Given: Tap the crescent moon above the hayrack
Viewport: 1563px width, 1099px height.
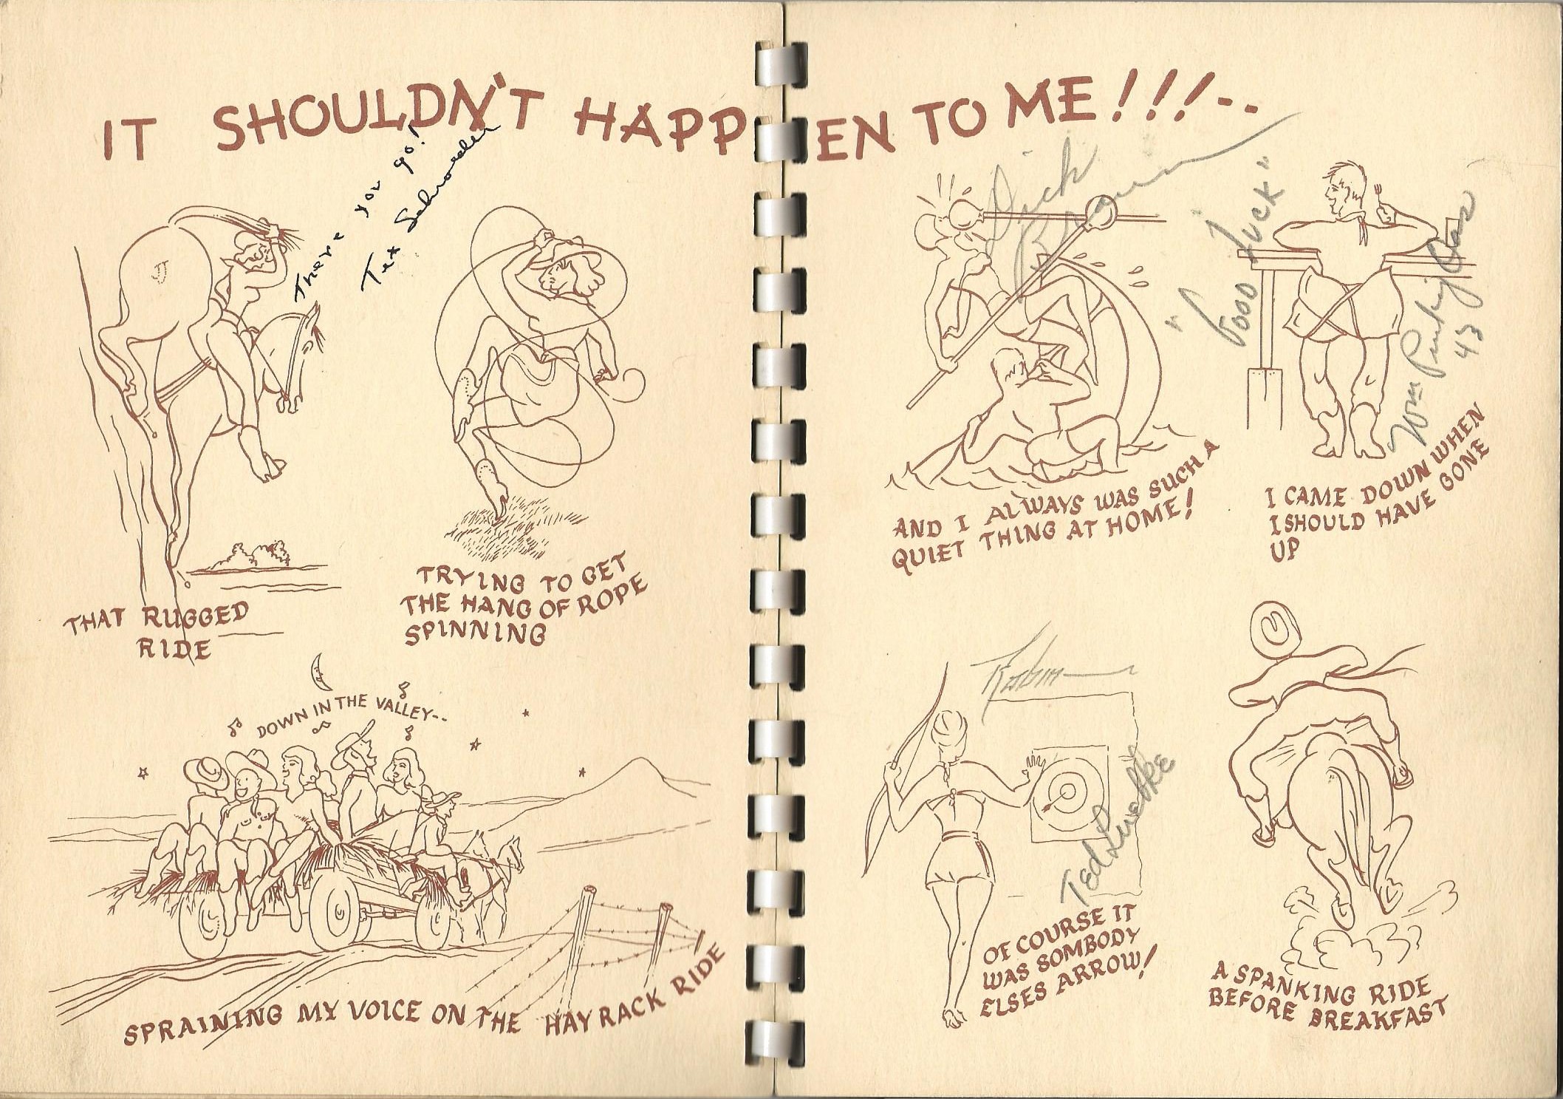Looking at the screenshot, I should [318, 670].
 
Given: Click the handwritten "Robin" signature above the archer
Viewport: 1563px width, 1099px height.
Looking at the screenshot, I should [1019, 673].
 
